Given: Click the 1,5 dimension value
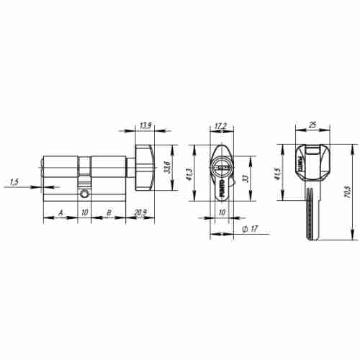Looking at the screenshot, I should [14, 181].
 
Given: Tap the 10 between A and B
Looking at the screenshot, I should [84, 213].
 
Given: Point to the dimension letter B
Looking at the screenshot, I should [108, 213].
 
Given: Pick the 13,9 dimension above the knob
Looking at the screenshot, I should [145, 126].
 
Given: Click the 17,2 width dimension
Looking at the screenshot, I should [222, 126].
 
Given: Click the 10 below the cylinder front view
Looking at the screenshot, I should [222, 213].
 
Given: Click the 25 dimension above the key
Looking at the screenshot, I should [311, 126].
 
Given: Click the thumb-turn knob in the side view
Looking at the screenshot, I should [145, 165].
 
